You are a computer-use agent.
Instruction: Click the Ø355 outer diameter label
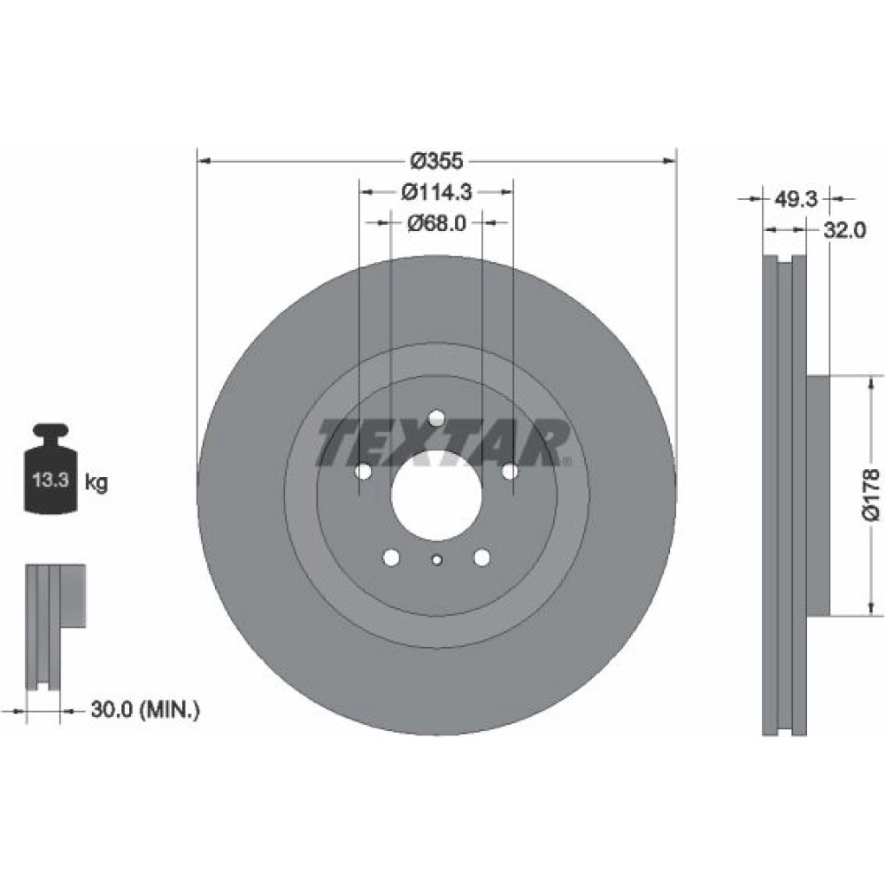(x=436, y=161)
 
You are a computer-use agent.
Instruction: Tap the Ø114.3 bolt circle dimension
(x=436, y=192)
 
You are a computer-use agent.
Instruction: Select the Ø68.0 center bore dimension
(x=436, y=224)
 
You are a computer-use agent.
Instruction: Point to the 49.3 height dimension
(x=796, y=198)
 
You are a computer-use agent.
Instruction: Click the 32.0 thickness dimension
(x=844, y=230)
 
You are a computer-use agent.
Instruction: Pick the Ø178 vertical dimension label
(x=872, y=495)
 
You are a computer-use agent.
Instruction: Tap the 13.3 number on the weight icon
(x=50, y=481)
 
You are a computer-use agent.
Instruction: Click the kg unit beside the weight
(x=96, y=483)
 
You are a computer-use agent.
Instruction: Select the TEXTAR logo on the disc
(x=443, y=442)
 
